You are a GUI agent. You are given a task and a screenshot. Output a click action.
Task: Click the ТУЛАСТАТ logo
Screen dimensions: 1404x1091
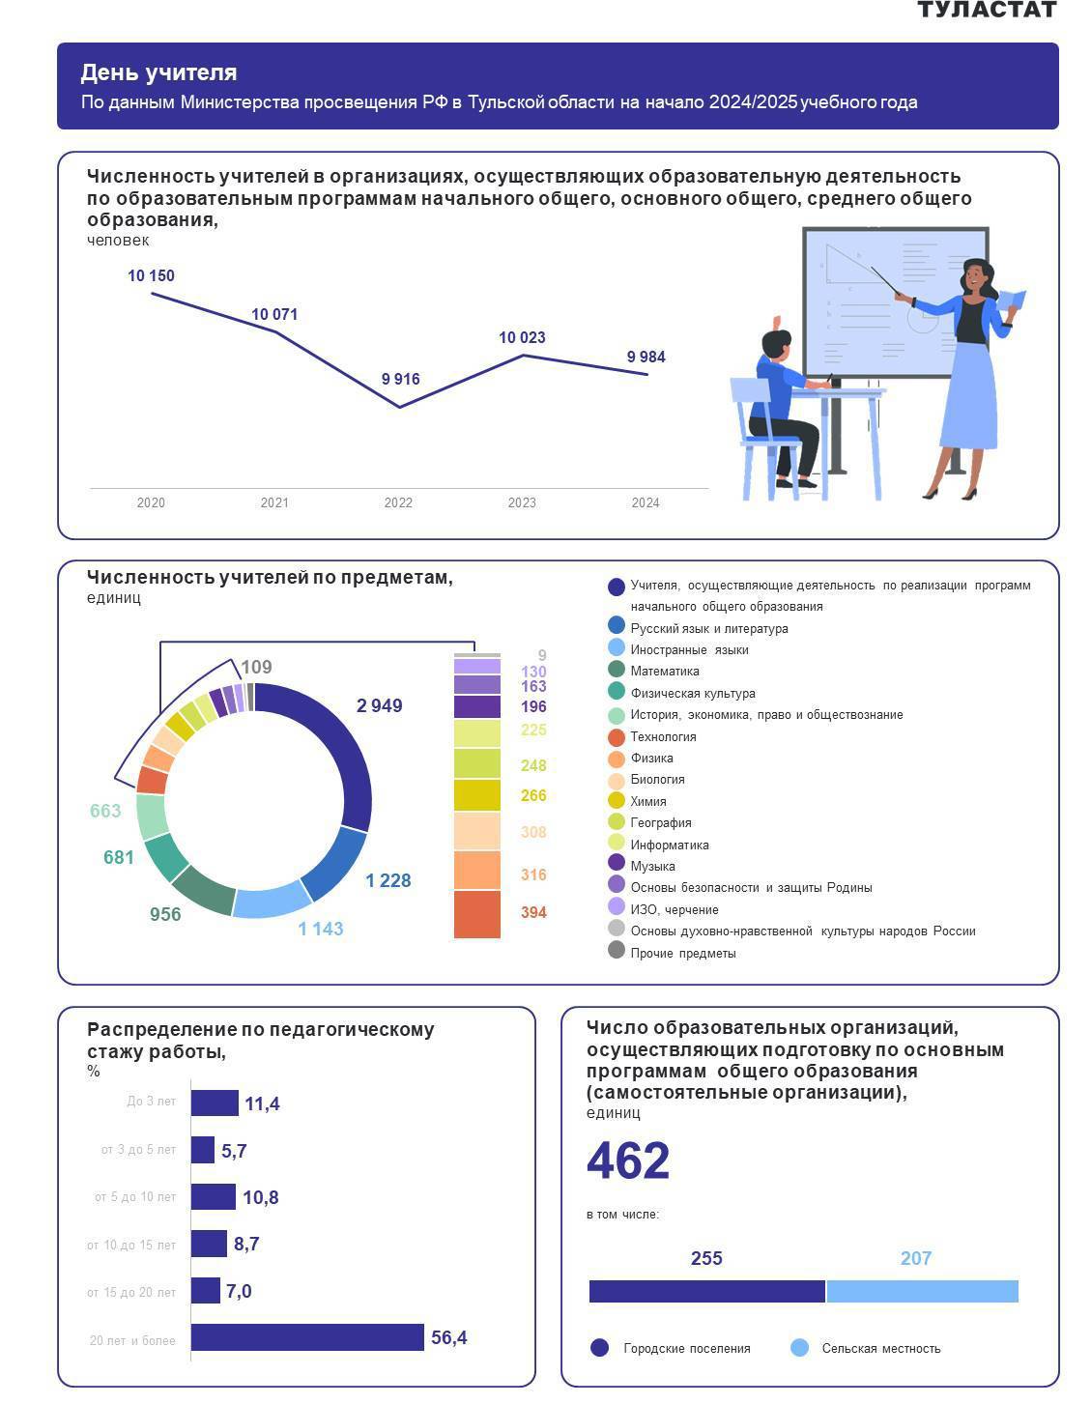coord(986,10)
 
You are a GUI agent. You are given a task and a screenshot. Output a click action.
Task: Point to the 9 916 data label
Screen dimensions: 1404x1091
coord(400,379)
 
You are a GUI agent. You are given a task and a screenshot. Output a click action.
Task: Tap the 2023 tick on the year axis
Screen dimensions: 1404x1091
coord(522,502)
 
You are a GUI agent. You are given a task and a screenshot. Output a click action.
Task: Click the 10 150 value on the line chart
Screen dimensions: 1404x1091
coord(151,276)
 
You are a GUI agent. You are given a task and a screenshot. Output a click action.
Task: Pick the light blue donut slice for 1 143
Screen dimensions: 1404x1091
coord(272,902)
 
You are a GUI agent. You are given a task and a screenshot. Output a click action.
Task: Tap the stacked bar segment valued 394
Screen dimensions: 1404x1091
coord(477,914)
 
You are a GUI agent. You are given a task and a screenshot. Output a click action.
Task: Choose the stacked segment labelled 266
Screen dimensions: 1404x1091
coord(477,795)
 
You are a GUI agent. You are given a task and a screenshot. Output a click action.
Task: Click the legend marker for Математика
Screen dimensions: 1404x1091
coord(617,670)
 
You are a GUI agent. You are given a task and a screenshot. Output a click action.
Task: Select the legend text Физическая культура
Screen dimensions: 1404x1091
coord(693,693)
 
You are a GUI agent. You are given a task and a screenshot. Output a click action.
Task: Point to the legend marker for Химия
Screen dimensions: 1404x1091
coord(617,800)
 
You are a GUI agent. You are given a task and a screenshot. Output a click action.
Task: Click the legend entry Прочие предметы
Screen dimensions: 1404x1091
coord(683,953)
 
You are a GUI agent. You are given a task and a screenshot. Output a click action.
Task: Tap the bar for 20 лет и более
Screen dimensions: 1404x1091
coord(307,1337)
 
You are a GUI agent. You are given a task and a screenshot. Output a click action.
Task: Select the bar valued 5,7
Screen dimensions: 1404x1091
coord(203,1150)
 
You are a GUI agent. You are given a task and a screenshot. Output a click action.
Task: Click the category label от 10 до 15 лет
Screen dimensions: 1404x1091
coord(131,1245)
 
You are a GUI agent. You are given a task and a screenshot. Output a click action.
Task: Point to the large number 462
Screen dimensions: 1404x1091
coord(628,1160)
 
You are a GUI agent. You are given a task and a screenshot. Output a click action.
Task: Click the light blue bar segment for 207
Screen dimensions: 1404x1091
coord(922,1292)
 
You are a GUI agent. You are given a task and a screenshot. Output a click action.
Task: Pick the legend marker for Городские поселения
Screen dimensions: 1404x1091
coord(599,1348)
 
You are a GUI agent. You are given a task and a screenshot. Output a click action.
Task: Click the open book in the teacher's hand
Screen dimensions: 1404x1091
coord(1013,299)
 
